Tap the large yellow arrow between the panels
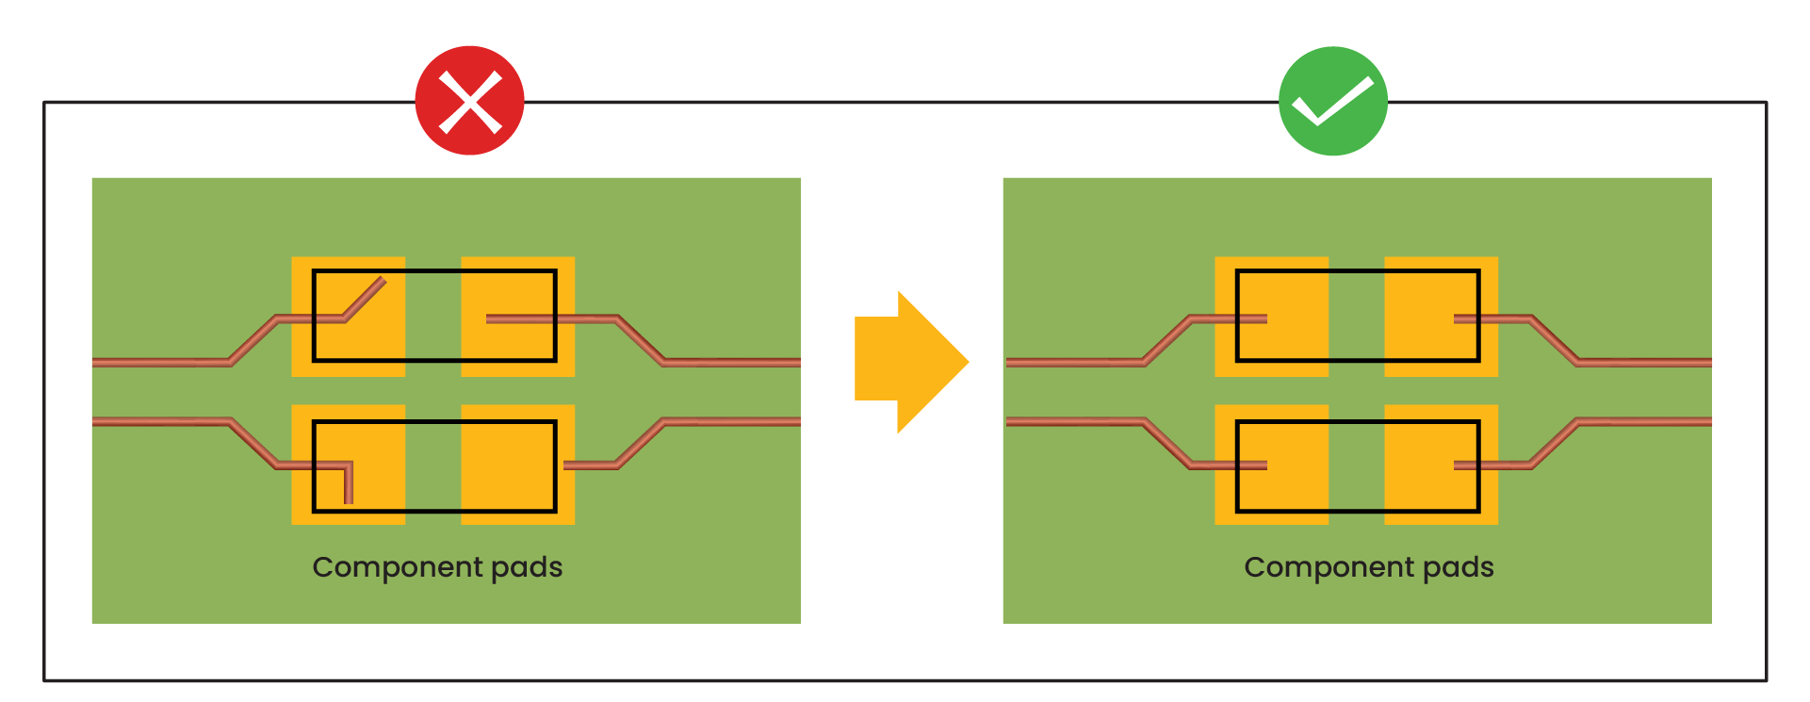[910, 362]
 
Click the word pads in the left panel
[527, 567]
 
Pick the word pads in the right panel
[1459, 567]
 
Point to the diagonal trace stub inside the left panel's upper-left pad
[366, 299]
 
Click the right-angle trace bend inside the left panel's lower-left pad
[349, 466]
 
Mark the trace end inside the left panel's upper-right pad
[490, 319]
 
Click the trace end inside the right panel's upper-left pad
[1264, 319]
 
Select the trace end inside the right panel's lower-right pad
[1459, 465]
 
